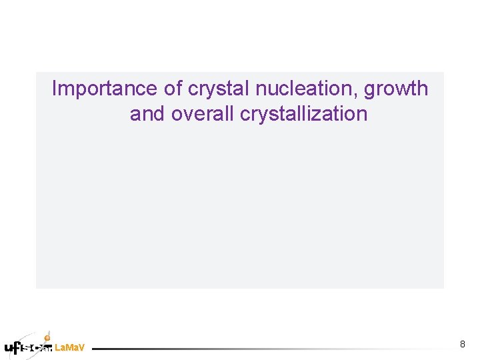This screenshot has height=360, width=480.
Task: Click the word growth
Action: click(x=396, y=89)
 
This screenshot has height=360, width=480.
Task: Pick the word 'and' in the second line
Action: click(x=148, y=114)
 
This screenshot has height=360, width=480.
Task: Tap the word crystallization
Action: click(x=303, y=115)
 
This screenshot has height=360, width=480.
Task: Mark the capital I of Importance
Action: click(x=55, y=89)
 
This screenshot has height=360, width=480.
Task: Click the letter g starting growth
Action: click(x=370, y=91)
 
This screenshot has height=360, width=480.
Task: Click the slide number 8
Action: click(x=463, y=344)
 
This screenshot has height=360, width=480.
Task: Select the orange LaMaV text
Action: click(x=69, y=348)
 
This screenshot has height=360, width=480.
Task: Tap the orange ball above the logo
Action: click(x=47, y=337)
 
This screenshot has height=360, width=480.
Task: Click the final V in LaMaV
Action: click(x=81, y=348)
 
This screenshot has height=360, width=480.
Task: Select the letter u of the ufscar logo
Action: click(x=9, y=347)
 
